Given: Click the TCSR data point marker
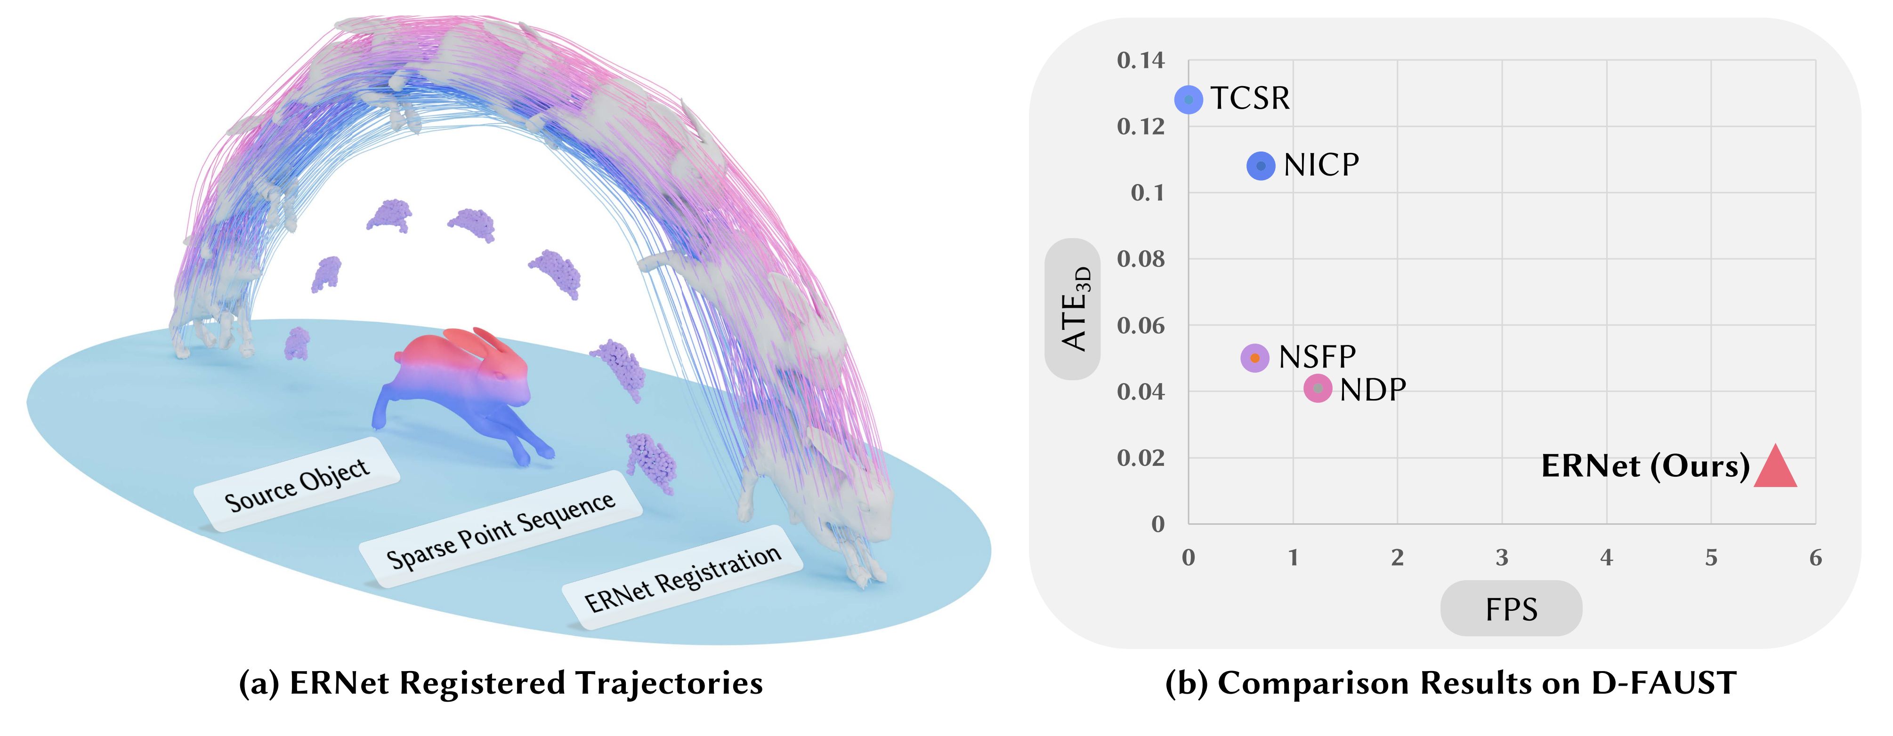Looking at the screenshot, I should click(x=1188, y=99).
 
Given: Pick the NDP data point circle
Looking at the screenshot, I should click(x=1318, y=388).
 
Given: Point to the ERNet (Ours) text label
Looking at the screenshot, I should click(x=1645, y=466).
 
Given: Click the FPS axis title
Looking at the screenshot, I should click(x=1511, y=609).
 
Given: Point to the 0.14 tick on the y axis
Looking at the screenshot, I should click(x=1141, y=60).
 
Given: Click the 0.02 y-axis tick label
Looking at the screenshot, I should click(x=1141, y=457).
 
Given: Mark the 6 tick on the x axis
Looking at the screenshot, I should click(x=1815, y=558).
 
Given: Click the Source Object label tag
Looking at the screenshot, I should click(x=297, y=484).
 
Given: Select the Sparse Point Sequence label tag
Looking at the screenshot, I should click(x=501, y=529).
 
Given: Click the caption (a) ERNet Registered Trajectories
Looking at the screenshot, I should click(x=501, y=683).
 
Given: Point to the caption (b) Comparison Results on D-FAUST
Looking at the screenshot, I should click(x=1451, y=683).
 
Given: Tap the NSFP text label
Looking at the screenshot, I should click(x=1317, y=358).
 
